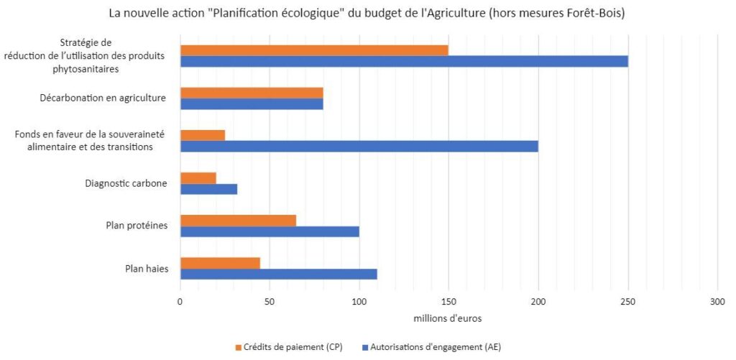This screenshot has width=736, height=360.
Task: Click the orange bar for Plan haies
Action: click(x=220, y=263)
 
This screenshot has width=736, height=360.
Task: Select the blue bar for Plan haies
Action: click(x=278, y=274)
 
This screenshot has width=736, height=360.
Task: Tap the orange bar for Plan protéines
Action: click(x=238, y=221)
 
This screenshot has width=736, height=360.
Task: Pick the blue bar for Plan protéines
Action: click(x=270, y=231)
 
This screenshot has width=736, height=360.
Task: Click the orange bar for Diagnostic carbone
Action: click(x=198, y=178)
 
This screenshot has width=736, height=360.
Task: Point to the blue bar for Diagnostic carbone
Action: click(x=208, y=189)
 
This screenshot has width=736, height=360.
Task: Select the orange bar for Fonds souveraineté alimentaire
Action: click(x=202, y=135)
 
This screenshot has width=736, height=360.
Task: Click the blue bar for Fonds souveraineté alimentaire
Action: click(x=359, y=147)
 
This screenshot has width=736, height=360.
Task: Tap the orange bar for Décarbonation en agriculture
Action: click(x=252, y=93)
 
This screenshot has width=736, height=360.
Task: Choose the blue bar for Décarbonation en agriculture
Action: click(x=252, y=103)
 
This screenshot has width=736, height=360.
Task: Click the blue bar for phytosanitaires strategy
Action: click(x=404, y=61)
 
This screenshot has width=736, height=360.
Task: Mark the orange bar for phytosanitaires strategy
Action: click(x=314, y=50)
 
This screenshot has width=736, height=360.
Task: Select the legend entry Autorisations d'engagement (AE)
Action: click(x=436, y=347)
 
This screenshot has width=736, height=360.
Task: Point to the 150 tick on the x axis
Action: click(x=448, y=303)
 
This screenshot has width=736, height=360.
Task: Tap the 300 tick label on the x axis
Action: click(x=717, y=303)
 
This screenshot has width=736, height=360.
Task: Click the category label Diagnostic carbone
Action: click(x=126, y=184)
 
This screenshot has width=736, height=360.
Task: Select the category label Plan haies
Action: click(x=147, y=269)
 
